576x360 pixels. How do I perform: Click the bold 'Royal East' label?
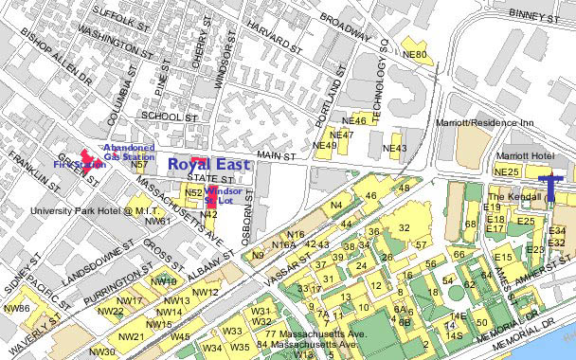(x=208, y=164)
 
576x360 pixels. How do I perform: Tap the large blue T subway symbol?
(x=549, y=186)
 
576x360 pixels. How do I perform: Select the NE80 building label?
(x=415, y=55)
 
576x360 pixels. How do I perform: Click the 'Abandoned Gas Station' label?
(x=128, y=152)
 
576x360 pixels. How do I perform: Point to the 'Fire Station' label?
(x=78, y=165)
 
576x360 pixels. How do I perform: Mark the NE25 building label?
(x=507, y=171)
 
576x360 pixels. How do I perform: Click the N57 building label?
(x=139, y=165)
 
